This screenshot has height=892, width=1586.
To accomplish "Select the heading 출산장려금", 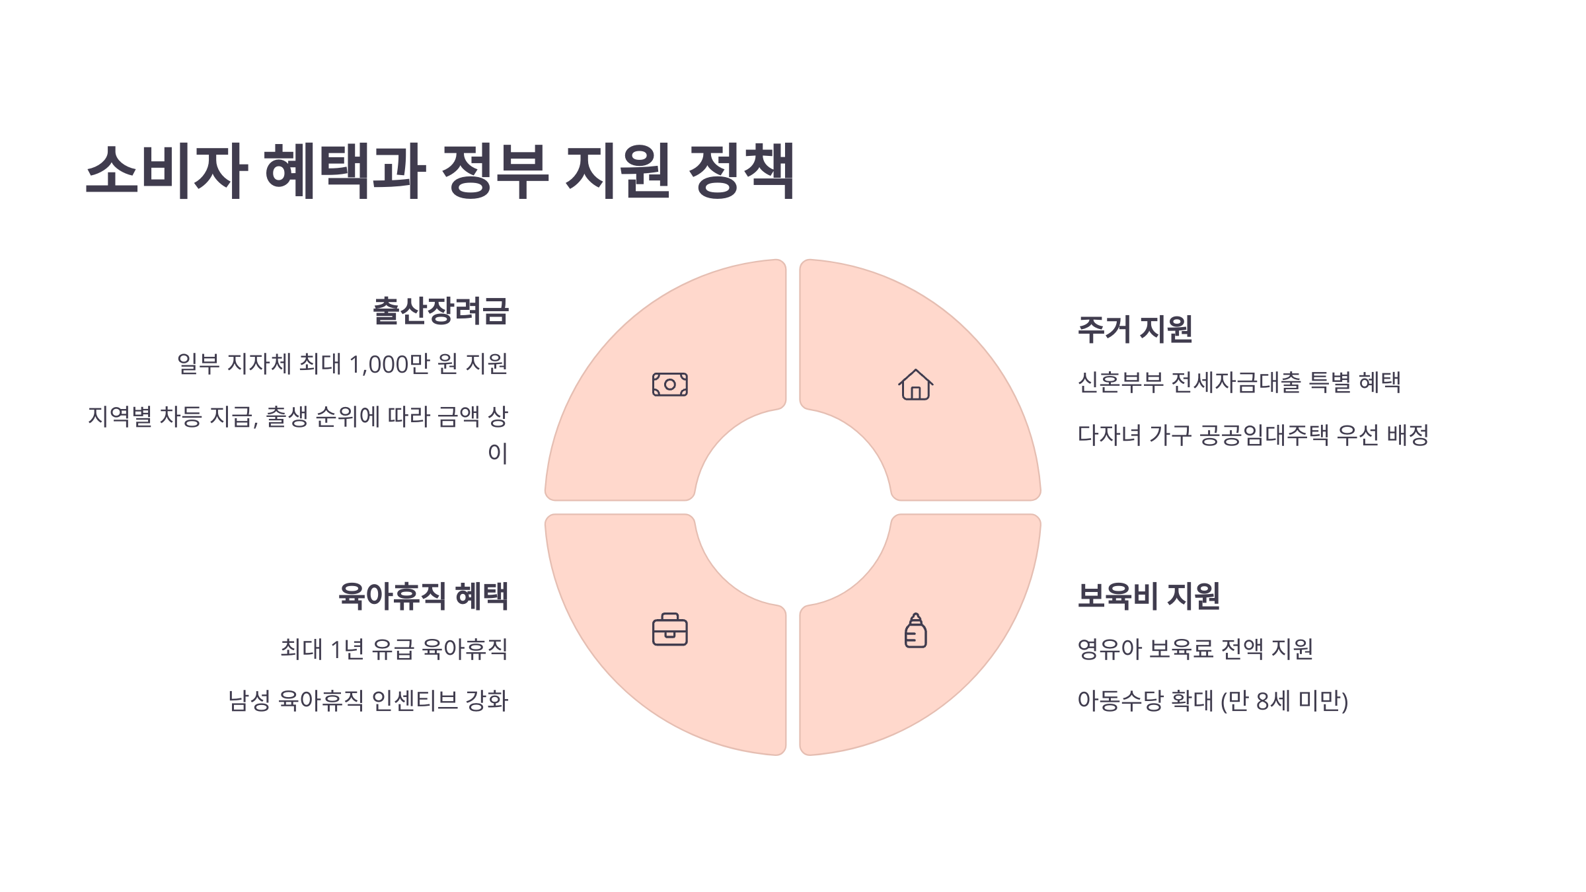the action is coord(441,311).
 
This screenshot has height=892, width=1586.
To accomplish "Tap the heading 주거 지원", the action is coord(1135,329).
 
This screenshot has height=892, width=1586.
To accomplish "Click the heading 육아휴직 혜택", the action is coord(423,596).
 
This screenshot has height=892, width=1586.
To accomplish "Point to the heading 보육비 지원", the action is coord(1149,596).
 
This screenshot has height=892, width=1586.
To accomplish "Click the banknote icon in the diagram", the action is coord(669,385).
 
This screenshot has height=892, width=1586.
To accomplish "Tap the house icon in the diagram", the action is coord(915,385).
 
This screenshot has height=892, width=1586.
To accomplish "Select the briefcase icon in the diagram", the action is coord(669,630).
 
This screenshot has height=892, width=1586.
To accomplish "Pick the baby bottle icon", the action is coord(915,630).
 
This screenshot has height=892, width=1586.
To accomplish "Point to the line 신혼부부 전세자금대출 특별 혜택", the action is coord(1239,382).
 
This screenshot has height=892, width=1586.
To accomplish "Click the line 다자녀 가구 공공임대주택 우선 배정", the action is coord(1253,435).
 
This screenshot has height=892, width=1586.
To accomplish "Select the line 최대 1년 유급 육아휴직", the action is coord(394,649).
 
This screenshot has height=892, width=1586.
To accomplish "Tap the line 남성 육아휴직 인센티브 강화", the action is coord(368,700).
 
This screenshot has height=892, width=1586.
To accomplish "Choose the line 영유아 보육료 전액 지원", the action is coord(1195,649).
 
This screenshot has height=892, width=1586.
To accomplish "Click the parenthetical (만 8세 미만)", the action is coord(1284,700).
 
